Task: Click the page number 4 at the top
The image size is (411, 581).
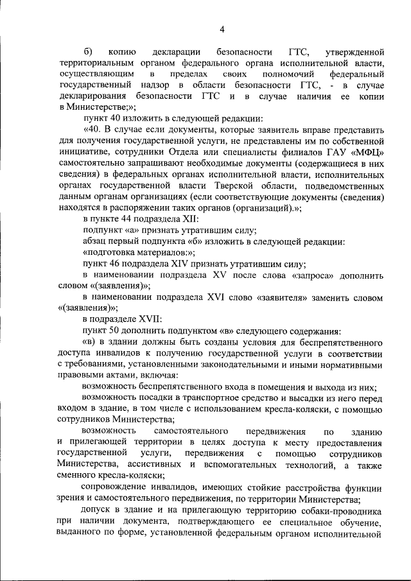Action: (222, 29)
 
